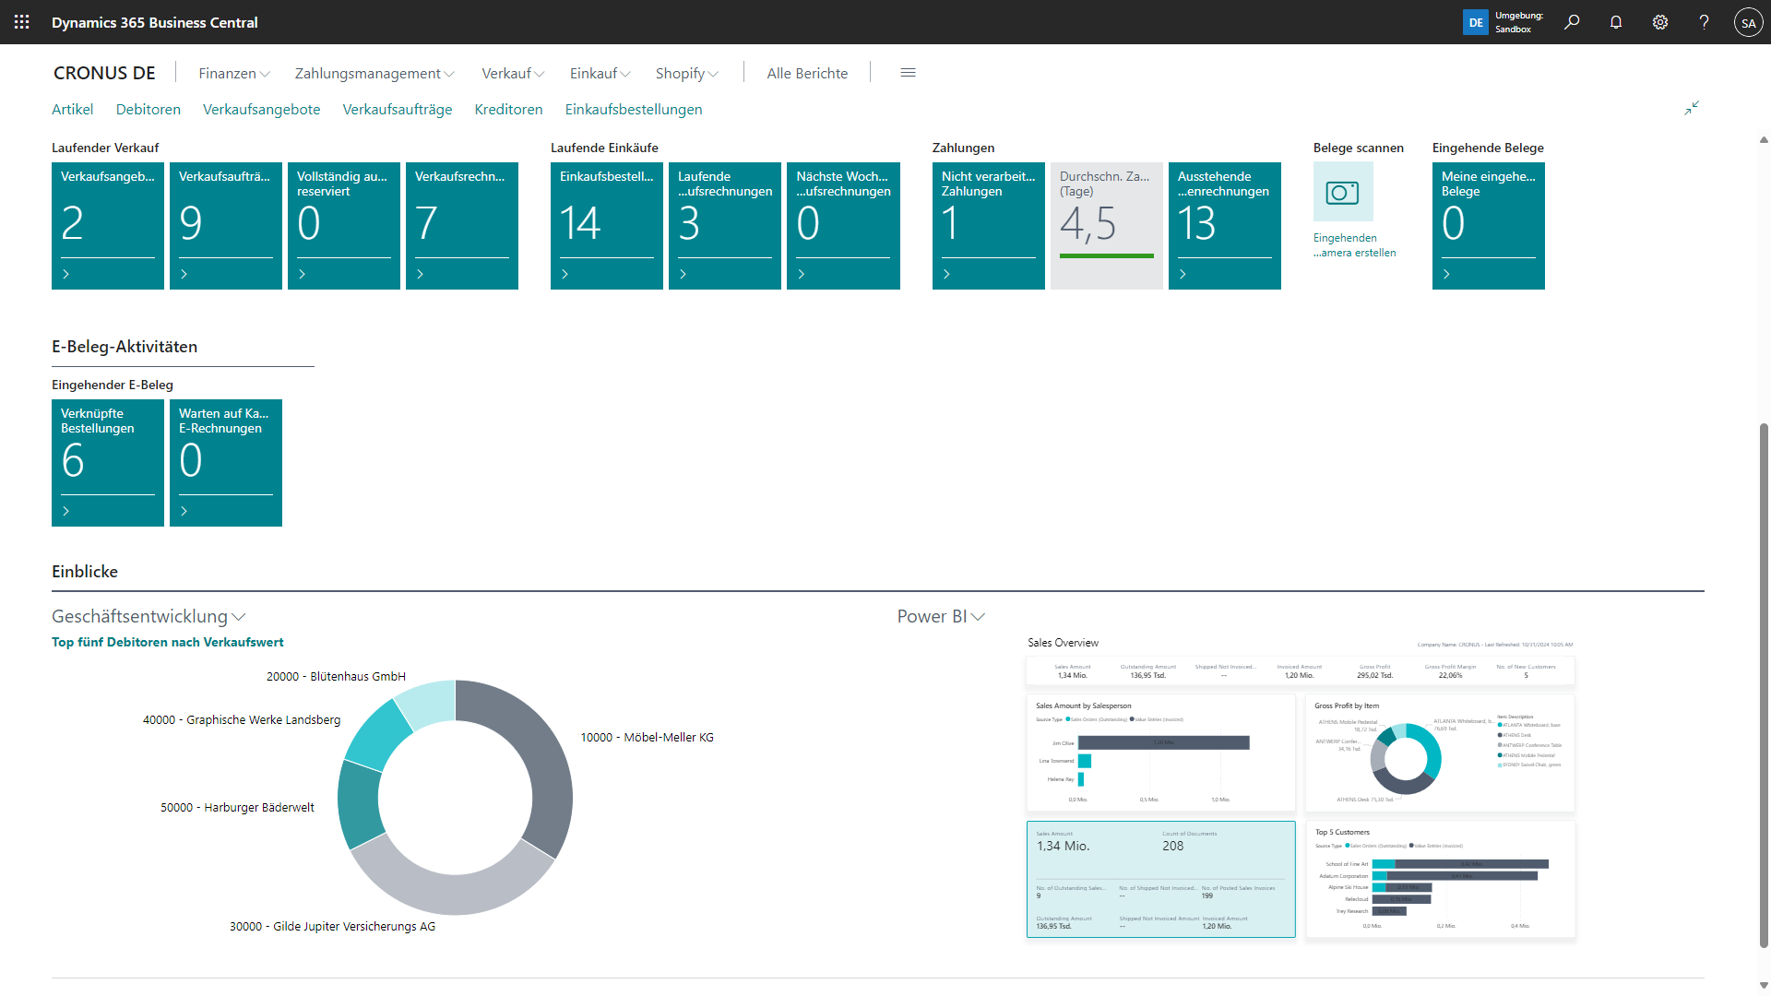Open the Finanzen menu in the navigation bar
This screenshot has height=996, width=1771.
[x=233, y=74]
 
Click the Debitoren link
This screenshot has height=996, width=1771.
[x=149, y=110]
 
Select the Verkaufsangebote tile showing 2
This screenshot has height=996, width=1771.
[x=108, y=225]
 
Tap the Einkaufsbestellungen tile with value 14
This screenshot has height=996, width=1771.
[x=606, y=225]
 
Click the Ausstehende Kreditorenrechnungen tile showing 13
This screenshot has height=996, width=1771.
[x=1224, y=225]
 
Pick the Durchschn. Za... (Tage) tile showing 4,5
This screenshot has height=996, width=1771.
[x=1106, y=225]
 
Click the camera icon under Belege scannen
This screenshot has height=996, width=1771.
[x=1342, y=192]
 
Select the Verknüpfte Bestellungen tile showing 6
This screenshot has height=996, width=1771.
[x=108, y=462]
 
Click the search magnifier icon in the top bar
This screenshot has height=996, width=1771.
[x=1572, y=22]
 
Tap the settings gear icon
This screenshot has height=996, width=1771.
[x=1660, y=22]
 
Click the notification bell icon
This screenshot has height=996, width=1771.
[x=1616, y=22]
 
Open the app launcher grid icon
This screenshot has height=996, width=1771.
[x=22, y=22]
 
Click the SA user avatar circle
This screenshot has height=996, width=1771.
[x=1748, y=23]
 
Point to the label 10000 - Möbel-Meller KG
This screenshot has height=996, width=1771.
[x=647, y=738]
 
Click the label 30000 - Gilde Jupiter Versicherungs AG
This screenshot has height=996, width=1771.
[x=332, y=927]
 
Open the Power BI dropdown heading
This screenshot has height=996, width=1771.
[x=940, y=617]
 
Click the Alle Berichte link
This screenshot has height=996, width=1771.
[x=807, y=74]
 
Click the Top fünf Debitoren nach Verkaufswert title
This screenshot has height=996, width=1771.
[x=167, y=643]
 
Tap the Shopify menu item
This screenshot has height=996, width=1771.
[x=686, y=74]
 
